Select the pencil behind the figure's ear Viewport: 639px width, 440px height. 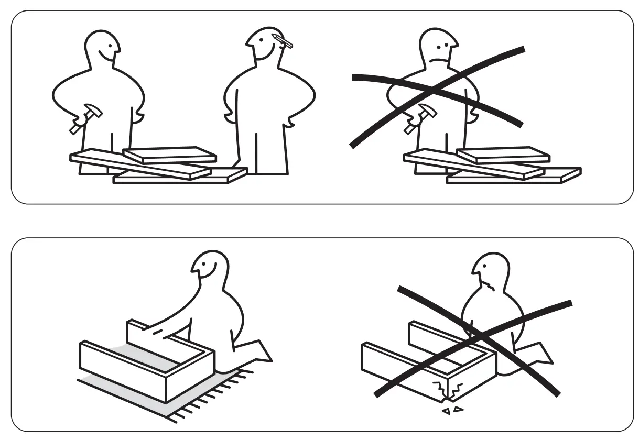[x=284, y=41]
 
